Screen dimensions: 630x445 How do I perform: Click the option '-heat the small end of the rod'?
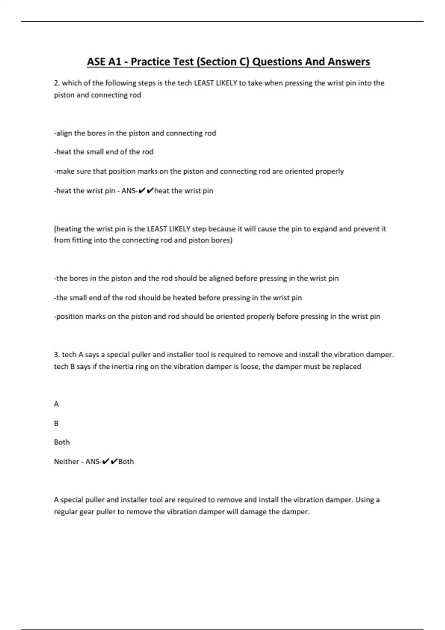[104, 152]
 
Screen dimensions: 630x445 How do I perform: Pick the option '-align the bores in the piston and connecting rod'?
[135, 133]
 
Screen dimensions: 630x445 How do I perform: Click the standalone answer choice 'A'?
[56, 404]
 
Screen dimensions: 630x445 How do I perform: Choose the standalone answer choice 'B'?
[56, 423]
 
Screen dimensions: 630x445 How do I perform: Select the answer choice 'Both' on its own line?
[62, 442]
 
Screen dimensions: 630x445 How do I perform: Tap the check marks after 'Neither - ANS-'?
[110, 462]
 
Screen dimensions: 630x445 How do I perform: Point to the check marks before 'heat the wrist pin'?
[146, 191]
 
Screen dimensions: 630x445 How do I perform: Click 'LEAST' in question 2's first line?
[204, 83]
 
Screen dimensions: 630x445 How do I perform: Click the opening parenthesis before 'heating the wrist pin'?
[55, 229]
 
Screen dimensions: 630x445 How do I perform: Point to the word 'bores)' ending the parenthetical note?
[221, 241]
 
